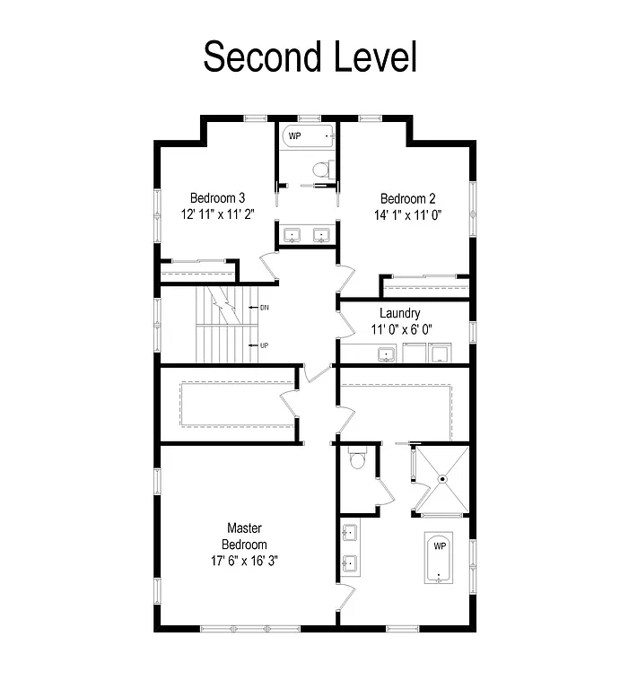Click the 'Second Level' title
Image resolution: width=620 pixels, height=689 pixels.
[x=310, y=57]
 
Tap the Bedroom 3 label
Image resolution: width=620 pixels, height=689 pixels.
[x=217, y=198]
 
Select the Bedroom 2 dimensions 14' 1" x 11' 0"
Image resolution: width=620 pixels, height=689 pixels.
[x=409, y=215]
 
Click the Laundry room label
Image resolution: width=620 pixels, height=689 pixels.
[x=399, y=313]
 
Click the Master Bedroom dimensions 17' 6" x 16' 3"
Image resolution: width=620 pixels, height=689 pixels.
[x=244, y=562]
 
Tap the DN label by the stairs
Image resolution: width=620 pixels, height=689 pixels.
[x=265, y=308]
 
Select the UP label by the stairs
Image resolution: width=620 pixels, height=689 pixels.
[x=265, y=345]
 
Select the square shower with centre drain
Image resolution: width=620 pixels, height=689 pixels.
[x=442, y=480]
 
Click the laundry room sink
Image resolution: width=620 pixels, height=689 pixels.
[x=388, y=353]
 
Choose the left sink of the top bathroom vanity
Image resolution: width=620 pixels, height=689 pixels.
[x=292, y=236]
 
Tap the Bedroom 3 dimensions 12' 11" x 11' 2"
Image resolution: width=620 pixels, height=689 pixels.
[x=217, y=215]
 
